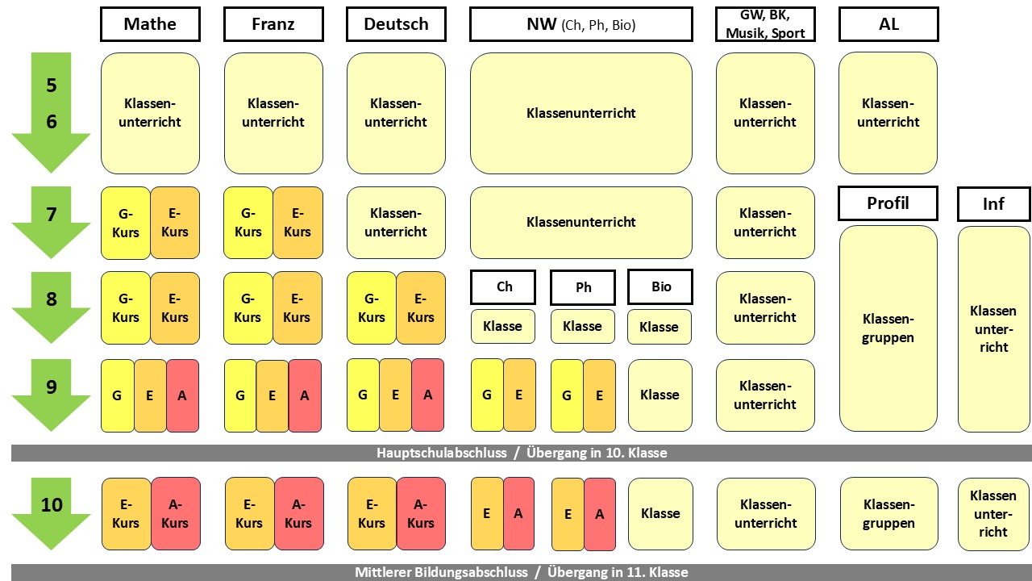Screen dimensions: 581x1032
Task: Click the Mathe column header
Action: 150,24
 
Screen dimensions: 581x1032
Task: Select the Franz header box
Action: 273,24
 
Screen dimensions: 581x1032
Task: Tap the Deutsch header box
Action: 396,24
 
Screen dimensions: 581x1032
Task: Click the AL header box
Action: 888,24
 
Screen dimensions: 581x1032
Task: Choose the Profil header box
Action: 888,203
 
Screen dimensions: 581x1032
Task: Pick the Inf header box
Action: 993,204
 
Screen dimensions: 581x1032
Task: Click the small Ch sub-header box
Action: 504,286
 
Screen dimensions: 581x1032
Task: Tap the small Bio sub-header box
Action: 660,286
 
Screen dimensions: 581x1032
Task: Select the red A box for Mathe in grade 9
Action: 182,395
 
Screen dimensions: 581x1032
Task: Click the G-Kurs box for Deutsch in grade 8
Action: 372,308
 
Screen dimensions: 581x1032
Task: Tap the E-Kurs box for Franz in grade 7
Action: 298,223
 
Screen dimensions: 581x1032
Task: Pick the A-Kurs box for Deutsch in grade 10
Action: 421,513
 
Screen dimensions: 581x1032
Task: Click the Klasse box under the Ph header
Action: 582,327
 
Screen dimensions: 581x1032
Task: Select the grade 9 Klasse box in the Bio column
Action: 660,395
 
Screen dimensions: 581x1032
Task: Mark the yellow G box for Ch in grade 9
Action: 487,395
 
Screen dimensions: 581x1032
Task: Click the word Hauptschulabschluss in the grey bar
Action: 442,454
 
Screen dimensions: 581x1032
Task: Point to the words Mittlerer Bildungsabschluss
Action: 441,573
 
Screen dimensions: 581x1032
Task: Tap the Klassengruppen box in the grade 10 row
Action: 888,513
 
